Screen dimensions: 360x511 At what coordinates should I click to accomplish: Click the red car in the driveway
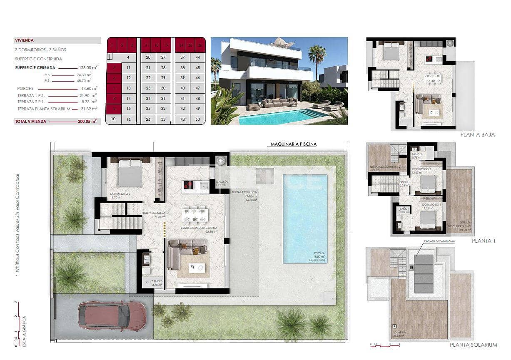pos(112,315)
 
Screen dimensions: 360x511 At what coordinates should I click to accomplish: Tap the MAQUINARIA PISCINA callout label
pos(293,144)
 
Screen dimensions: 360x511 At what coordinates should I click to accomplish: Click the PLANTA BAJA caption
pos(477,135)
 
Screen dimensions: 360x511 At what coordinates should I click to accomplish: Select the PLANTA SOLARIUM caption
pos(473,345)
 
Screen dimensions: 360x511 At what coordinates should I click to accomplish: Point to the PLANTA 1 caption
pos(483,241)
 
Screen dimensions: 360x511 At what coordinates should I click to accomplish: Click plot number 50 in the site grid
pos(197,119)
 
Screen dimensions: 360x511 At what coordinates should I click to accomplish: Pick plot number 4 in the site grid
pos(128,57)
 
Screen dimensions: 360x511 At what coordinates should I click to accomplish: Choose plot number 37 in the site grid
pos(182,57)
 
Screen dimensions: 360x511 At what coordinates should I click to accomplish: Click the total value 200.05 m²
pos(87,122)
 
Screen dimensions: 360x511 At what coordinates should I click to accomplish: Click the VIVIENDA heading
pos(24,40)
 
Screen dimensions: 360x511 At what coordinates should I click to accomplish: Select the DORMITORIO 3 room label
pos(120,194)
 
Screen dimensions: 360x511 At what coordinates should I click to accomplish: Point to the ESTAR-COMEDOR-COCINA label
pos(194,228)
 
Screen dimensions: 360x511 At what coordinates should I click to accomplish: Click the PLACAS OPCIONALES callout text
pos(439,241)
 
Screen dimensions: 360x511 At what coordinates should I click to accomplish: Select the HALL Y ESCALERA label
pos(154,213)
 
